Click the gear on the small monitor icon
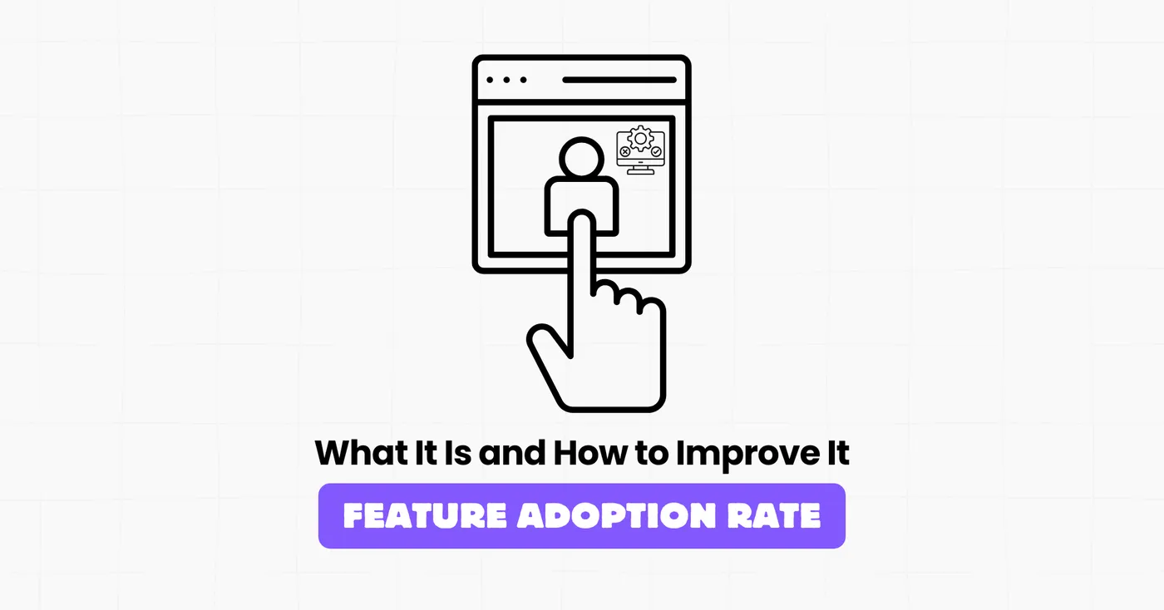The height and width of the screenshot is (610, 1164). click(x=640, y=138)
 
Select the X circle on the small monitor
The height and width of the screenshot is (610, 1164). click(x=625, y=153)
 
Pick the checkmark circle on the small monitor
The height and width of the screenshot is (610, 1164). click(x=656, y=153)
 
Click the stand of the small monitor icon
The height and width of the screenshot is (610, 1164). click(x=640, y=169)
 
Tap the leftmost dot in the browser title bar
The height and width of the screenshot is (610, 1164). click(x=491, y=80)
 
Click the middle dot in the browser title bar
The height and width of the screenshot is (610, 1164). click(x=506, y=80)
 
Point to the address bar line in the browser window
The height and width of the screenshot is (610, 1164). click(x=619, y=80)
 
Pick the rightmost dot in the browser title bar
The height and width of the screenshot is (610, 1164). click(x=522, y=80)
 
